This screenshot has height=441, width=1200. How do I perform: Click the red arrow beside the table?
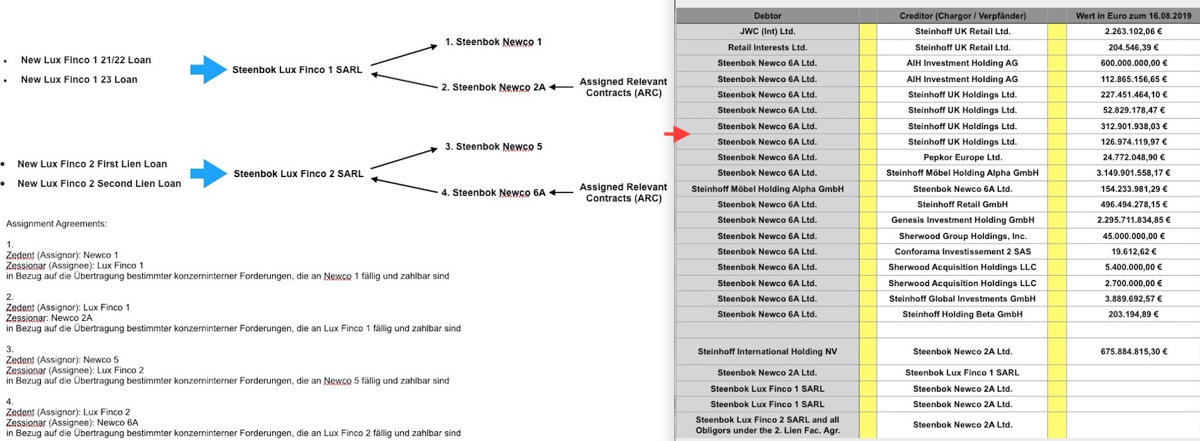click(x=677, y=134)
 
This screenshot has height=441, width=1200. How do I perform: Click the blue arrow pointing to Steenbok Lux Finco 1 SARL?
click(x=208, y=69)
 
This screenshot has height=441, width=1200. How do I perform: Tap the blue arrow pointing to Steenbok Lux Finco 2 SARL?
click(x=208, y=174)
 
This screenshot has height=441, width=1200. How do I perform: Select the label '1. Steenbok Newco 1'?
click(x=493, y=42)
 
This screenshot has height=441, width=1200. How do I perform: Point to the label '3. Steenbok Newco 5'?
click(x=493, y=147)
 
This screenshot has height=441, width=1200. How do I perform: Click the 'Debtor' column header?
click(x=768, y=16)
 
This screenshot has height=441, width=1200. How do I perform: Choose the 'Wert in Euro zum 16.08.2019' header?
click(x=1133, y=16)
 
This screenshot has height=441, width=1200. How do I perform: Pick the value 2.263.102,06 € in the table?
click(x=1133, y=31)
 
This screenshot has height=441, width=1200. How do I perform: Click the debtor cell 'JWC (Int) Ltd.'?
click(x=768, y=31)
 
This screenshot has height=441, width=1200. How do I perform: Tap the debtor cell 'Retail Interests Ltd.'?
click(x=768, y=47)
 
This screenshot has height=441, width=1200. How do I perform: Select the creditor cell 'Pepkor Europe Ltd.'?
click(x=962, y=158)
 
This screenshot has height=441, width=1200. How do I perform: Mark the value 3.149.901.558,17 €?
click(x=1133, y=173)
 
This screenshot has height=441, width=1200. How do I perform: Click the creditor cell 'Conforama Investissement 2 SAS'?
click(x=962, y=251)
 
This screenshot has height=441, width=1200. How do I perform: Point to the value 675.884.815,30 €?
click(x=1133, y=351)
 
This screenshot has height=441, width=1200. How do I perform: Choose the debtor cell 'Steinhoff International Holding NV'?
click(x=768, y=351)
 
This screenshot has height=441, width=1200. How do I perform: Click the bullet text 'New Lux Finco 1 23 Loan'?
click(x=79, y=80)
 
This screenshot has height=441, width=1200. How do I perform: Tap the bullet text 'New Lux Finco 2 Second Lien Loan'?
click(x=99, y=184)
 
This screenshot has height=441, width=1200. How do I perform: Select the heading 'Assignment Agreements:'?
click(x=57, y=224)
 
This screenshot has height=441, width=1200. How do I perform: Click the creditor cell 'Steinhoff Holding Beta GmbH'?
click(x=962, y=314)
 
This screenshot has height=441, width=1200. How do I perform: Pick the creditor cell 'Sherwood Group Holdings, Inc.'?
click(x=962, y=236)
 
